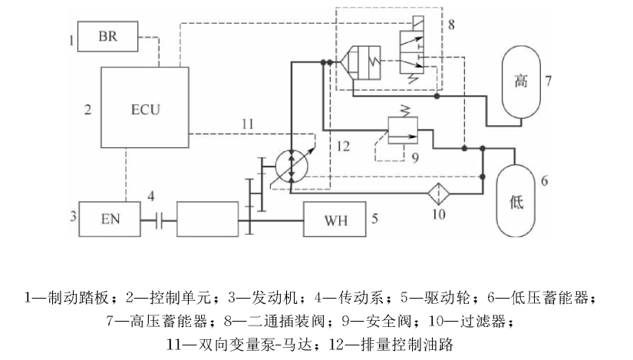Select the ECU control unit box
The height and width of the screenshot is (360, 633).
click(x=144, y=107)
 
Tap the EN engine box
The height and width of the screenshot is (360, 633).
click(x=111, y=220)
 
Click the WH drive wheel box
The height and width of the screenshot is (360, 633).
click(x=335, y=220)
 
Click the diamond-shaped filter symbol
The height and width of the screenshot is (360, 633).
click(x=438, y=191)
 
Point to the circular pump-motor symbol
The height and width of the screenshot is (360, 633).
click(x=292, y=166)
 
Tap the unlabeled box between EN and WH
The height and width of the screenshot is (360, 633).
click(x=208, y=220)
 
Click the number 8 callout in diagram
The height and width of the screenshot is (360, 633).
click(x=452, y=25)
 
